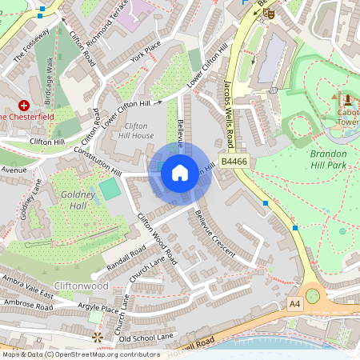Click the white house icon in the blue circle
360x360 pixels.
coord(180,172)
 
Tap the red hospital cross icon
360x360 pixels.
coord(24,105)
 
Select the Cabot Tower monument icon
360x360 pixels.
coord(348,101)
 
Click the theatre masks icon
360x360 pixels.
coord(270,14)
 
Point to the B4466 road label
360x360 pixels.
coord(234,162)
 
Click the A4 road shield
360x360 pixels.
coord(294,304)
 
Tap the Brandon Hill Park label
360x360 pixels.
coord(329,158)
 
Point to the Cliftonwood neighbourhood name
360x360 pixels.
coord(81,286)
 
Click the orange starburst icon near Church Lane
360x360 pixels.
coord(98,338)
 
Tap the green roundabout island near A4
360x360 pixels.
coord(312,296)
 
